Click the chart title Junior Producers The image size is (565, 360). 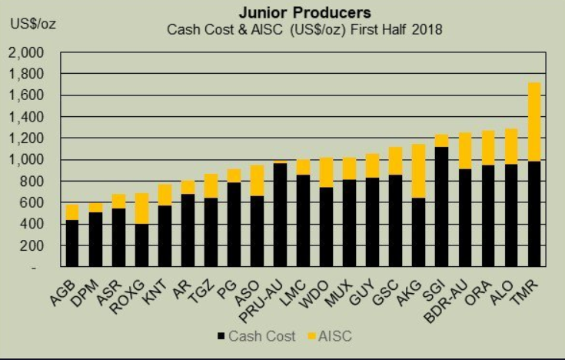pyautogui.click(x=304, y=13)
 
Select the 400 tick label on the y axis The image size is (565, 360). pyautogui.click(x=34, y=225)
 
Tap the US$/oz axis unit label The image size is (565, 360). pyautogui.click(x=32, y=23)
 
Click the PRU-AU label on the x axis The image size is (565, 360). pyautogui.click(x=264, y=296)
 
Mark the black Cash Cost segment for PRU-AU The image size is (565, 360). pyautogui.click(x=281, y=215)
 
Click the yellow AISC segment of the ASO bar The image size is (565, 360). pyautogui.click(x=257, y=181)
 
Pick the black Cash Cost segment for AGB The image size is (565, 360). pyautogui.click(x=72, y=243)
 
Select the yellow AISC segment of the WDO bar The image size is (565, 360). pyautogui.click(x=326, y=172)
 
